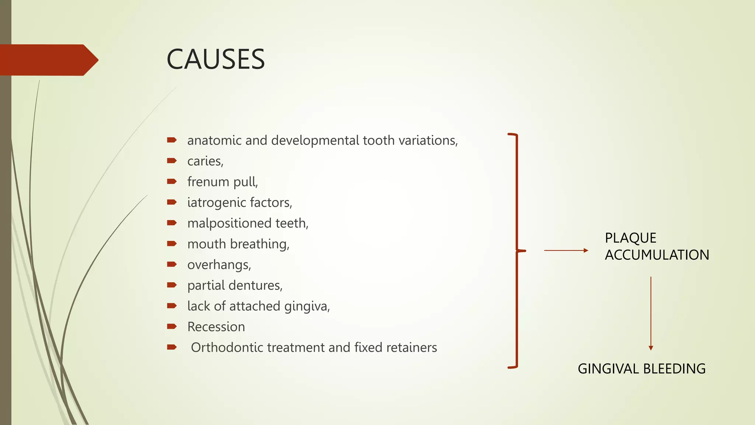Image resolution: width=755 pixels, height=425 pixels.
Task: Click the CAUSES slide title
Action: click(x=216, y=59)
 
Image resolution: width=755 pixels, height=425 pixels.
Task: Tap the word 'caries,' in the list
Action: click(x=205, y=161)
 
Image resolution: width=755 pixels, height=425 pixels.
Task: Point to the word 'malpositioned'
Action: click(x=229, y=223)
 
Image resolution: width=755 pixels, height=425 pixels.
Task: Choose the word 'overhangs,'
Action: click(x=219, y=265)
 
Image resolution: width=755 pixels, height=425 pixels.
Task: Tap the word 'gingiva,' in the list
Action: click(x=307, y=306)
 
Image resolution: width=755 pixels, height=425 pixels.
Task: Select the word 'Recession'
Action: click(x=216, y=327)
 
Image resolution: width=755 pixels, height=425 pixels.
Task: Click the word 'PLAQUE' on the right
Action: click(x=630, y=238)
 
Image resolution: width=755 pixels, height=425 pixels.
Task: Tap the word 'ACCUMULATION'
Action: click(x=657, y=255)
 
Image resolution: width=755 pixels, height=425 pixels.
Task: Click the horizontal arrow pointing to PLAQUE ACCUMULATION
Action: click(x=566, y=250)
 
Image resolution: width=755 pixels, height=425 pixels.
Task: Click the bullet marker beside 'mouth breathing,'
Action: click(x=172, y=243)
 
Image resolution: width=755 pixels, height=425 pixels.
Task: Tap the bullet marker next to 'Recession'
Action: click(x=172, y=326)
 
